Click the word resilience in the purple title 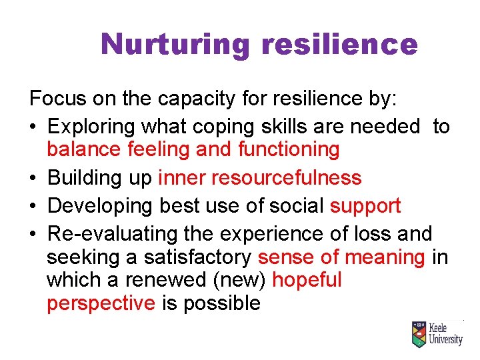click(340, 45)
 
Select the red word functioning click(289, 149)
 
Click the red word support click(365, 206)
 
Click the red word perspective click(101, 303)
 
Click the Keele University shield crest click(419, 334)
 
